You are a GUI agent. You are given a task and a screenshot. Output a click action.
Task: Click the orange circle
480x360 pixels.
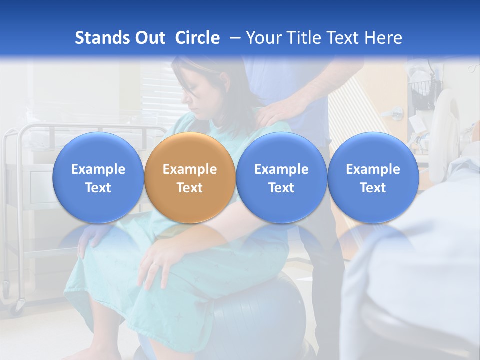pyautogui.click(x=190, y=178)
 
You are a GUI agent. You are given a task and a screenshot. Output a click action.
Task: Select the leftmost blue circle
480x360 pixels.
pyautogui.click(x=98, y=178)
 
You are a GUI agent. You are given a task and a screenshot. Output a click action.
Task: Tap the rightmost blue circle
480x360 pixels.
pyautogui.click(x=373, y=178)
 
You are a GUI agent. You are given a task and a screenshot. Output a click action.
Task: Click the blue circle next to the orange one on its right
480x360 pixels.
pyautogui.click(x=281, y=178)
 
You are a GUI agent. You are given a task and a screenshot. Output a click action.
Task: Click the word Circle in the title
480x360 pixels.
pyautogui.click(x=197, y=38)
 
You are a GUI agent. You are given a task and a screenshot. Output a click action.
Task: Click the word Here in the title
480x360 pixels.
pyautogui.click(x=383, y=38)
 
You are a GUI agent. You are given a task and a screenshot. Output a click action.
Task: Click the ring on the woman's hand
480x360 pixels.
pyautogui.click(x=155, y=263)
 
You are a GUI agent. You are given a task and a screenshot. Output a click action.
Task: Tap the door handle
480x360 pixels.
pyautogui.click(x=396, y=112)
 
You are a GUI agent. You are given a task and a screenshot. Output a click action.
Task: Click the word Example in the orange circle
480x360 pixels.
pyautogui.click(x=190, y=169)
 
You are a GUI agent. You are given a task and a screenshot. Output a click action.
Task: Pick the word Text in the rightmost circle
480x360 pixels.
pyautogui.click(x=373, y=188)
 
